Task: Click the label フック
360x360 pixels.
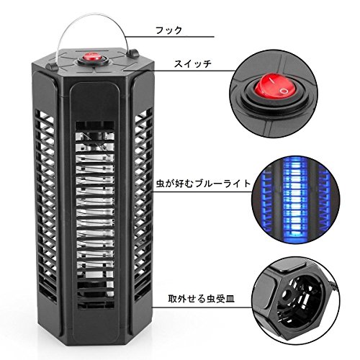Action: point(168,30)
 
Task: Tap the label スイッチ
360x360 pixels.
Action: point(193,64)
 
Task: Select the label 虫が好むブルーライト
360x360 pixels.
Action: point(203,184)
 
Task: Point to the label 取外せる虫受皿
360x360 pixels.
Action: point(201,299)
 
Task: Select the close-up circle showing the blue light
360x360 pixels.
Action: point(296,200)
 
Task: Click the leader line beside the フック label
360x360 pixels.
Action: point(169,37)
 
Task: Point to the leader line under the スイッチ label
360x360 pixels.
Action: point(179,71)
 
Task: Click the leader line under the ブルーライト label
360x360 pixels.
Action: point(201,192)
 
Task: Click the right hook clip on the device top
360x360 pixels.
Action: point(134,53)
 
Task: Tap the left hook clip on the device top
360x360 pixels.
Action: point(53,67)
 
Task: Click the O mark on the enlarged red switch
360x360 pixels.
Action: point(284,91)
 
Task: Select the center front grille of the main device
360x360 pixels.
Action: point(95,215)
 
